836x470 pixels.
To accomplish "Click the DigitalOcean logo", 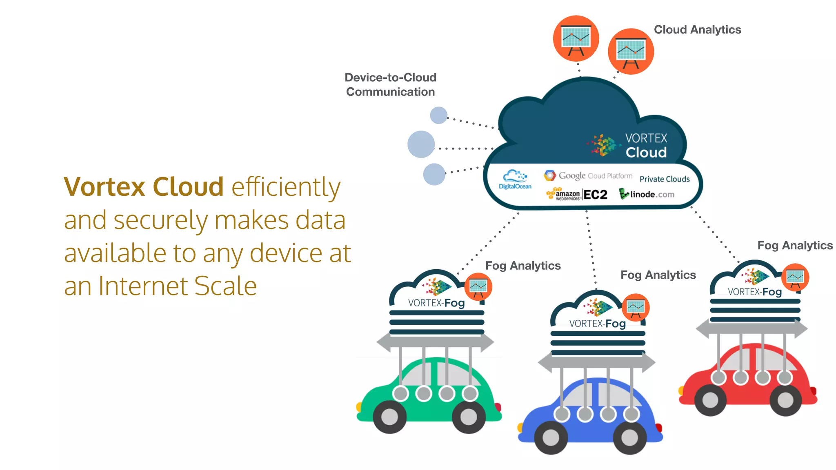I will pos(515,180).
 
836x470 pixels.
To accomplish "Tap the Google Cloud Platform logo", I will pos(588,176).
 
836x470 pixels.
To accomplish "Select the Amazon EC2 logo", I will pos(577,195).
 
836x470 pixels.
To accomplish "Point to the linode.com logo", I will pos(647,194).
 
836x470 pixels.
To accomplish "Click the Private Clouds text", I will pos(665,179).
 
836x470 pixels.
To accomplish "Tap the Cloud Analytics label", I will pos(697,30).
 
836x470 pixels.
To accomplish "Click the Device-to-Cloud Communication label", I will pos(391,84).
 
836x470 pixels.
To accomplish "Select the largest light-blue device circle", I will pos(421,144).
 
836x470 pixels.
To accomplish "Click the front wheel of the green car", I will pos(389,417).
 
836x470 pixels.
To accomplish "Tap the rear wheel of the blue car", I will pos(629,438).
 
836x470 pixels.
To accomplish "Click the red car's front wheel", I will pos(710,400).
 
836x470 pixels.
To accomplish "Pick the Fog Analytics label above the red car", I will pos(795,246).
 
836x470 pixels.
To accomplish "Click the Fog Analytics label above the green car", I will pos(523,266).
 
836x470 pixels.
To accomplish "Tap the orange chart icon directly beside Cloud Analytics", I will pos(631,52).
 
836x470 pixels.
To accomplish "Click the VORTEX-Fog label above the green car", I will pos(436,303).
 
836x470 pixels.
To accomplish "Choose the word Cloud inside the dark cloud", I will pos(646,153).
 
